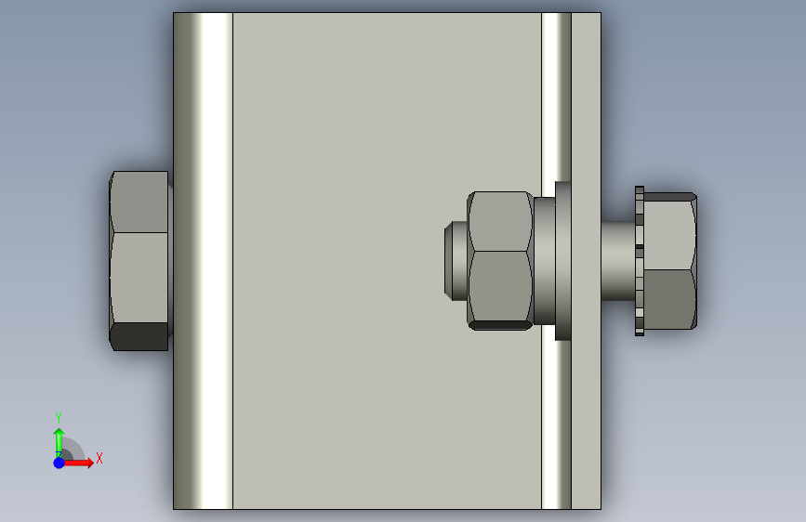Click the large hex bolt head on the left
pos(139,261)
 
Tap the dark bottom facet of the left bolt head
pos(139,336)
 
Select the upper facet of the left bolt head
pos(139,202)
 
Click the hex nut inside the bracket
pos(499,261)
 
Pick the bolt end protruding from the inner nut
pos(456,261)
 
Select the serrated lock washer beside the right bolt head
pos(640,261)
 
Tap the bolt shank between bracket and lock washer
pos(618,261)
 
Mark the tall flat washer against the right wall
pos(562,261)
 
